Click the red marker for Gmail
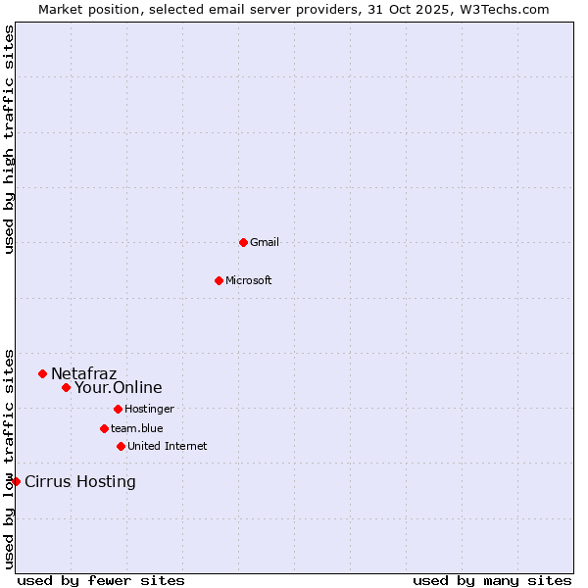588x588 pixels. click(243, 242)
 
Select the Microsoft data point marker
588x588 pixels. click(219, 280)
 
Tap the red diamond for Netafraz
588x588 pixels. click(42, 373)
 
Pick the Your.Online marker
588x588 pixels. click(66, 387)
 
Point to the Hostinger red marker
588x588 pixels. click(118, 409)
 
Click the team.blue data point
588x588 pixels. click(104, 428)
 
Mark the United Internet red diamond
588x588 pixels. click(121, 446)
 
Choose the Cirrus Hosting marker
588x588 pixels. click(16, 481)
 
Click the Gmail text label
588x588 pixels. click(265, 242)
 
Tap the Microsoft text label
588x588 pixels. click(249, 280)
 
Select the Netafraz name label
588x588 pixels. click(83, 373)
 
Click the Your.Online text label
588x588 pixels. click(119, 387)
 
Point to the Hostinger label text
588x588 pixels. click(149, 409)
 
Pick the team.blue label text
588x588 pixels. click(137, 428)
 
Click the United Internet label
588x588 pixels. click(168, 446)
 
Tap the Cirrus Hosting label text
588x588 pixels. click(80, 481)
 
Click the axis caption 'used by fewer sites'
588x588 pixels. click(101, 580)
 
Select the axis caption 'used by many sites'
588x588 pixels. click(492, 580)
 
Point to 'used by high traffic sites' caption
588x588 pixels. click(9, 139)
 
